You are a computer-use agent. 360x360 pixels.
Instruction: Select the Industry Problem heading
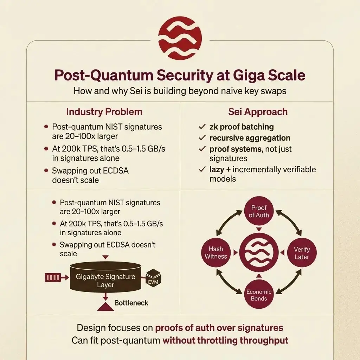coord(104,112)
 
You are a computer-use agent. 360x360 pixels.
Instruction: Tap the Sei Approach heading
coord(257,112)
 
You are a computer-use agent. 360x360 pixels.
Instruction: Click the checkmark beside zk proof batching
coord(202,127)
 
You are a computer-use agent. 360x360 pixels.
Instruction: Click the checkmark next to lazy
coord(202,170)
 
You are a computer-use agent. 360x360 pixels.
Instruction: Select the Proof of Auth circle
coord(259,212)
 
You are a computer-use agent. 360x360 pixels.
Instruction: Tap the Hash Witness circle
coord(216,253)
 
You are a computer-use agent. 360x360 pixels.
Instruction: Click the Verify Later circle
coord(302,253)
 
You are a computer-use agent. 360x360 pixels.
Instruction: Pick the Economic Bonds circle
coord(259,295)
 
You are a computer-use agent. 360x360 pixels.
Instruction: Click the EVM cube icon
coord(152,279)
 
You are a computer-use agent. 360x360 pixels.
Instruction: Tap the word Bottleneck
coord(131,303)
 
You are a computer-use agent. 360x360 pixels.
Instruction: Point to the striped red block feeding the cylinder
coord(53,278)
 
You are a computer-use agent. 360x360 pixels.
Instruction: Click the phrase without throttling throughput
coord(225,340)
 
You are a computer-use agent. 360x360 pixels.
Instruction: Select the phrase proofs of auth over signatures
coord(219,328)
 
